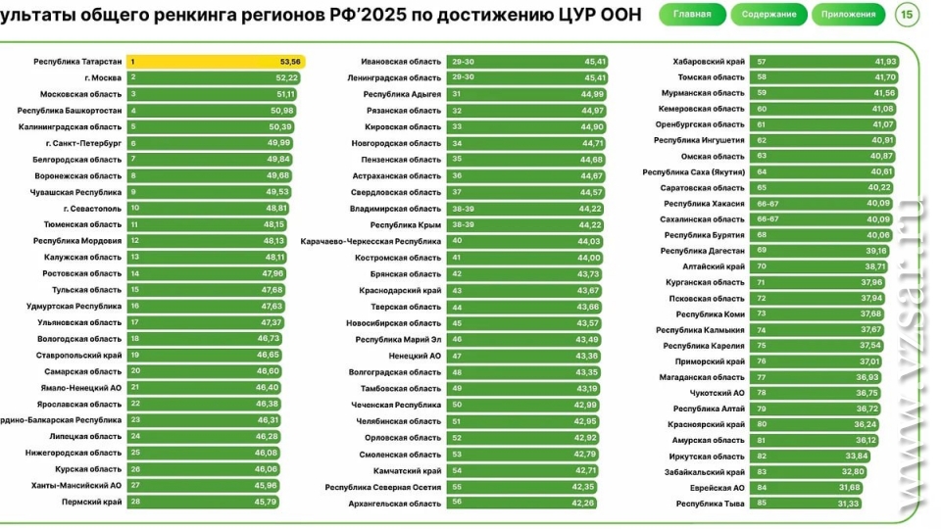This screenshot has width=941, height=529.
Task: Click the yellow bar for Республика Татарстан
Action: point(216,61)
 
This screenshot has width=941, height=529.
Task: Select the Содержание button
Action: point(768,15)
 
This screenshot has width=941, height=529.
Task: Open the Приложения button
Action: point(849,15)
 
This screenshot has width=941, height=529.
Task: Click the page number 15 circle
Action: point(908,15)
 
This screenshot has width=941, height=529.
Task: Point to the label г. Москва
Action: point(103,77)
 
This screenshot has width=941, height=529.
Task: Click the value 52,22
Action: point(287,77)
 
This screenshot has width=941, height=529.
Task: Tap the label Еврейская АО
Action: point(718,487)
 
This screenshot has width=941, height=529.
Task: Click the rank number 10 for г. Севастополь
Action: point(135,208)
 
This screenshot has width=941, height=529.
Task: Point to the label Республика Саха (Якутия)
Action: point(693,171)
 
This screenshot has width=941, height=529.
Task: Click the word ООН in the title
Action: point(620,16)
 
